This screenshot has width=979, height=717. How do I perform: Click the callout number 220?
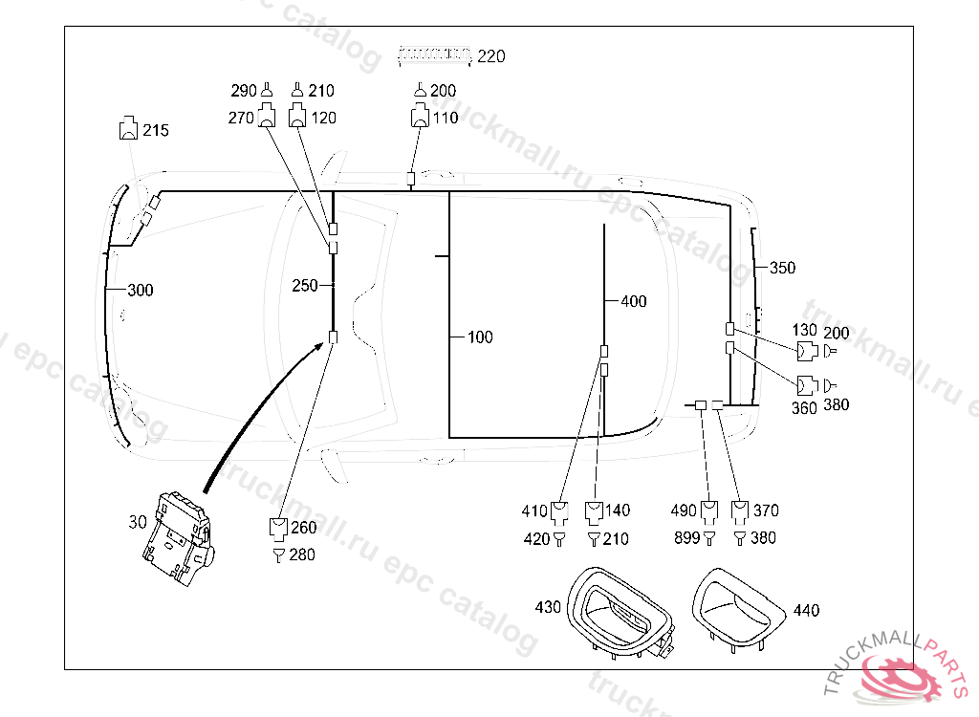[x=490, y=56]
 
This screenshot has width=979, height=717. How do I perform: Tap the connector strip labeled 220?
[x=435, y=54]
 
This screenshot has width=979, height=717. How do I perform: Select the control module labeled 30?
[x=178, y=537]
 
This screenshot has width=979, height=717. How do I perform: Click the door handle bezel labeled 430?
[x=620, y=612]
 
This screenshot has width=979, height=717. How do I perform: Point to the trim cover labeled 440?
[x=738, y=610]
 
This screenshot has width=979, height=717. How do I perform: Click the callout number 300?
[x=141, y=290]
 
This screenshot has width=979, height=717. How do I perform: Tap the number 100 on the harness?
[x=480, y=337]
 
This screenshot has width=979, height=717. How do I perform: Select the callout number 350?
[x=782, y=268]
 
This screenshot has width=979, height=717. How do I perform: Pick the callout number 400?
[x=634, y=302]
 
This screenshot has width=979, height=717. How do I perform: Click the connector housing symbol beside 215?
[x=129, y=128]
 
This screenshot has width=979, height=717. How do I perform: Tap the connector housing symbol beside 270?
[x=267, y=115]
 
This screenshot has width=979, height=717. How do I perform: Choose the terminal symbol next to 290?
[x=267, y=90]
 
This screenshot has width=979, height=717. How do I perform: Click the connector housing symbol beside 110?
[x=420, y=116]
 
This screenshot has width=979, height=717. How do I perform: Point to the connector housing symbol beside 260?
[x=278, y=529]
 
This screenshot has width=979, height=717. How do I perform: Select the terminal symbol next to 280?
[x=279, y=554]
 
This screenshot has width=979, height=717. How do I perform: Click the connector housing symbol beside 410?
[x=559, y=512]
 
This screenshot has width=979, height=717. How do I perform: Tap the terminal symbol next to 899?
[x=709, y=537]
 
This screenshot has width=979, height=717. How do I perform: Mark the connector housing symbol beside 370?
[x=740, y=512]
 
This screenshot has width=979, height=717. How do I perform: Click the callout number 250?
[x=305, y=286]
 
